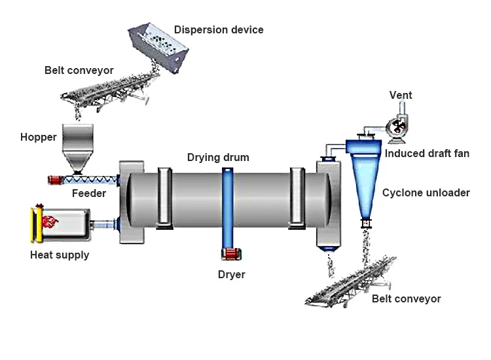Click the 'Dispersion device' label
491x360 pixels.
tap(219, 29)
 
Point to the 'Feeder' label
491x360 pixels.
tap(88, 193)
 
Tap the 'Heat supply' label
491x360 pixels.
tap(60, 255)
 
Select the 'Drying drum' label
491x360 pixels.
tap(218, 158)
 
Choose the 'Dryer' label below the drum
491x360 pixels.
tap(231, 274)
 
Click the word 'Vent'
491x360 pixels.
tap(401, 95)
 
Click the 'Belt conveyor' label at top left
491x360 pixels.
tap(79, 70)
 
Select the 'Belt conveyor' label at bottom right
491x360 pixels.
tap(406, 298)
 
